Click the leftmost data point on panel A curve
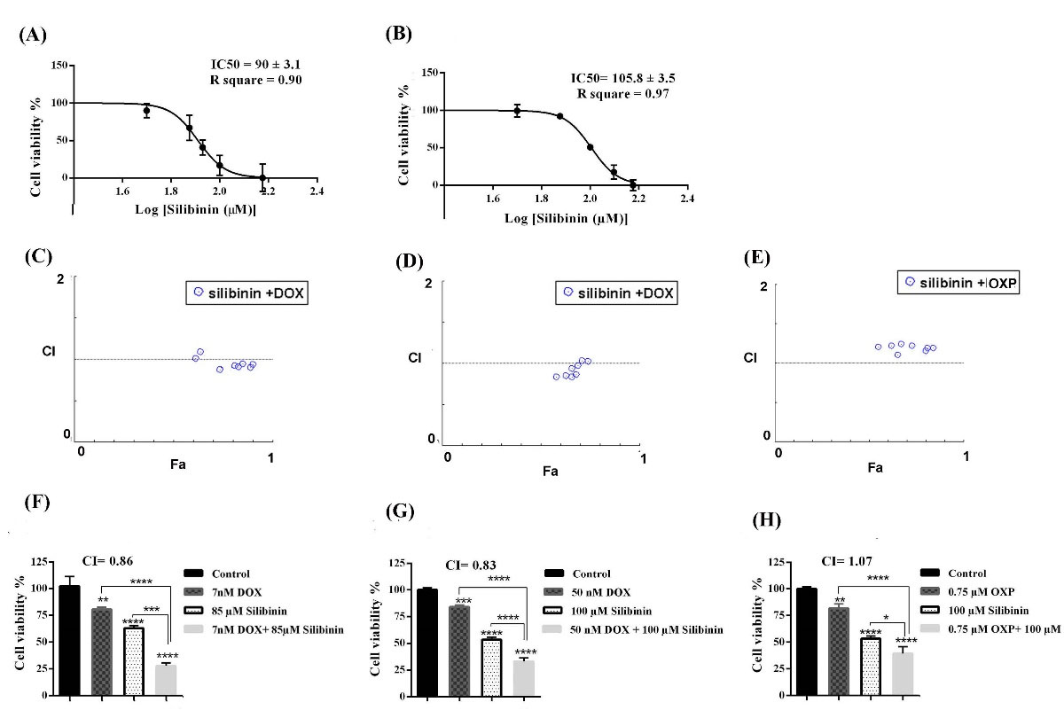coord(147,111)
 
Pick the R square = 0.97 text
coord(623,93)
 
